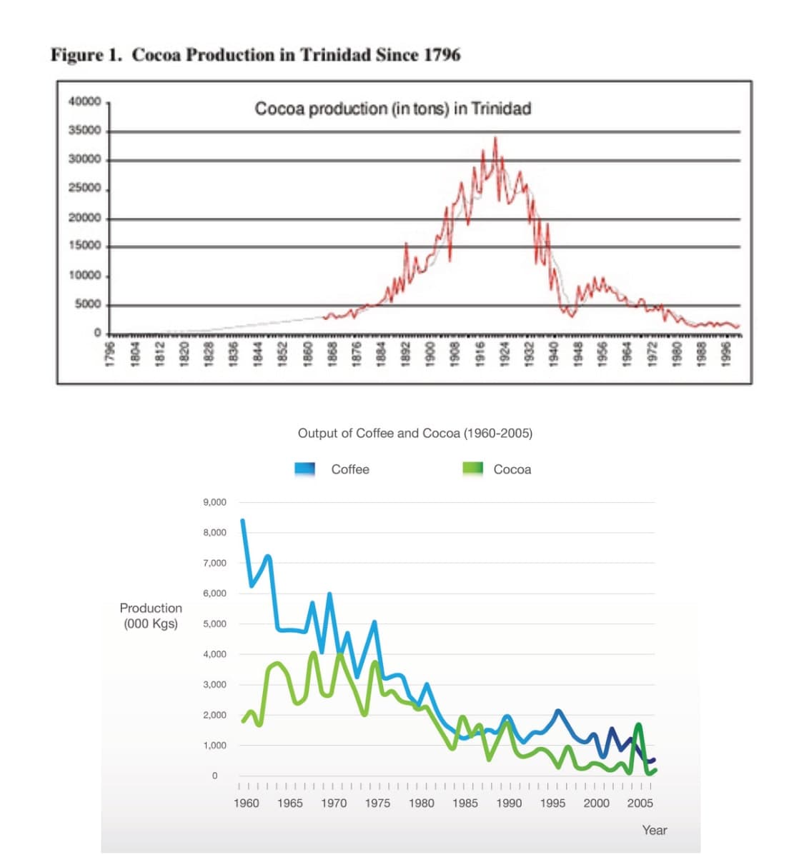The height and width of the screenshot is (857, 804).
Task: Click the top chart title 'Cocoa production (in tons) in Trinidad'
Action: click(392, 109)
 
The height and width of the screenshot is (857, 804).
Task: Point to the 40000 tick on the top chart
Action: click(84, 101)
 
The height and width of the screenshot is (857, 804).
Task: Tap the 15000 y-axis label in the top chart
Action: click(84, 246)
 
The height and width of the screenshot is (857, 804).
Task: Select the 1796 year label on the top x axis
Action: click(109, 356)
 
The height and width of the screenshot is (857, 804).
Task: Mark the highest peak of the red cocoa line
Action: click(495, 138)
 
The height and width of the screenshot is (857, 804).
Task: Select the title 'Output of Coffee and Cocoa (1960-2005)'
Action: click(415, 433)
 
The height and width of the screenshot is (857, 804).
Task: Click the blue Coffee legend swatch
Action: click(305, 469)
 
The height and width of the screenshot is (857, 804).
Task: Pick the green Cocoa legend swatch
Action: click(473, 469)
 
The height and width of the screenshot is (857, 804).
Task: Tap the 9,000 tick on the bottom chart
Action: click(214, 502)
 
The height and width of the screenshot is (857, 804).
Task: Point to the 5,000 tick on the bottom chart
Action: click(214, 623)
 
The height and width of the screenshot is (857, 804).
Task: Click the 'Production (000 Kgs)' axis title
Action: click(151, 616)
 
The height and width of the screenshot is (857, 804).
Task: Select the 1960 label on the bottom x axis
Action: click(247, 803)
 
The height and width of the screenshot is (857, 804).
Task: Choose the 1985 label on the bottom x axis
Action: click(465, 803)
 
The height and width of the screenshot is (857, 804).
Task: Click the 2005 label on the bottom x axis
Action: click(640, 803)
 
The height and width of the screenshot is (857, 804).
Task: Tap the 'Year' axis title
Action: click(654, 830)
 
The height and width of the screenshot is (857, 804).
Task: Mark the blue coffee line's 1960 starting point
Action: click(242, 521)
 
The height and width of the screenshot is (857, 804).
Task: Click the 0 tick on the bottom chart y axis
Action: click(214, 776)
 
